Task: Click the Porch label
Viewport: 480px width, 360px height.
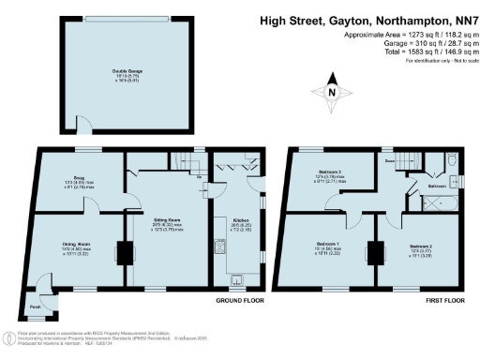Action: pyautogui.click(x=35, y=307)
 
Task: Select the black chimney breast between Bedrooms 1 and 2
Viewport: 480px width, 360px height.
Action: pyautogui.click(x=374, y=253)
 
